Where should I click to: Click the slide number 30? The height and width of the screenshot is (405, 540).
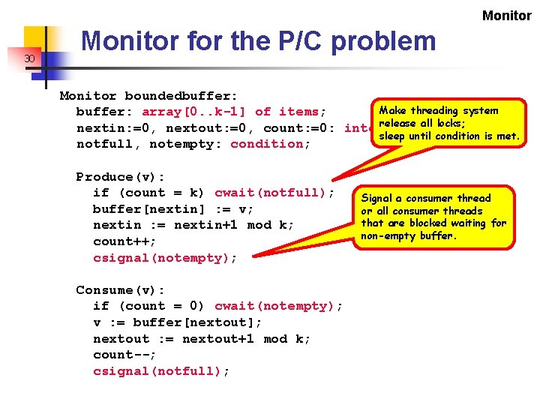[x=29, y=58]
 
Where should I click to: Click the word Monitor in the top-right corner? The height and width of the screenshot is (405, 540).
[x=506, y=16]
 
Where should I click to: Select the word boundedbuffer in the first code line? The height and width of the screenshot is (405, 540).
[x=181, y=96]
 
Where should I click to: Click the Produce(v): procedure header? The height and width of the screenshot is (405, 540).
[x=121, y=177]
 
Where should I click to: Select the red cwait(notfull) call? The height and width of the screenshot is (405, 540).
[x=274, y=193]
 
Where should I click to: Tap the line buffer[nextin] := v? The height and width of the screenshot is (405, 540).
[x=173, y=209]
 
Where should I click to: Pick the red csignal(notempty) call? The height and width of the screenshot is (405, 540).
[x=165, y=258]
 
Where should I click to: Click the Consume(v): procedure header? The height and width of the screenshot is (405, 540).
[x=121, y=290]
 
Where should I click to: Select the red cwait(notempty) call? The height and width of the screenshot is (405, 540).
[x=278, y=306]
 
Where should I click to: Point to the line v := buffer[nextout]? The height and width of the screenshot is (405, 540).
[x=178, y=322]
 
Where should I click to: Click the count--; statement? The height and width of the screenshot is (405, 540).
[x=124, y=355]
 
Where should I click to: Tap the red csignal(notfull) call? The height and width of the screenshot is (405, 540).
[x=161, y=371]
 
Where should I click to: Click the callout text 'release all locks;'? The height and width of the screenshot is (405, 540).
[x=422, y=123]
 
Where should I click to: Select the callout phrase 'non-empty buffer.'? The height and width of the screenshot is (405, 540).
[x=408, y=235]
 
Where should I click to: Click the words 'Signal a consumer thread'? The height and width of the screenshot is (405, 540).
[x=426, y=198]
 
